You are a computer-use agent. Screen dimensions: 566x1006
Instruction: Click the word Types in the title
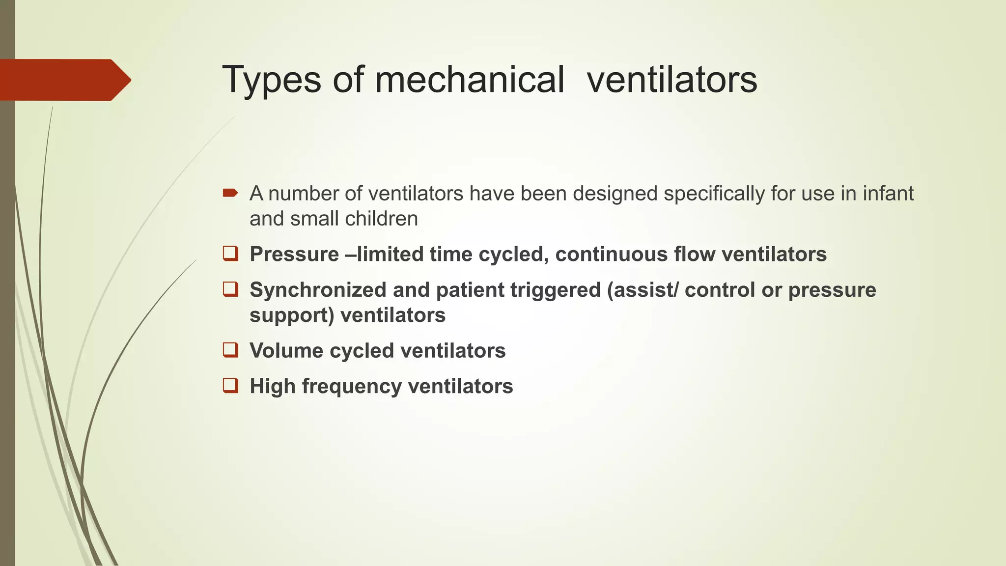tap(272, 80)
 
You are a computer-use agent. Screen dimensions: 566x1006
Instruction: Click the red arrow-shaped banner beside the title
tap(64, 80)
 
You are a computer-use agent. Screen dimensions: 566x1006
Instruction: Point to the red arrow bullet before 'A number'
tap(230, 193)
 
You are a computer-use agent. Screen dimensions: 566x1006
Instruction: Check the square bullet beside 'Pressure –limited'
tap(230, 254)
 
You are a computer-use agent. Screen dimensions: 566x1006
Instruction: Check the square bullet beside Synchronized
tap(230, 289)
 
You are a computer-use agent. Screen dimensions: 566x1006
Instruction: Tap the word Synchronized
tap(318, 290)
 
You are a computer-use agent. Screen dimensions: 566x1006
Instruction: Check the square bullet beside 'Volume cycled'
tap(230, 350)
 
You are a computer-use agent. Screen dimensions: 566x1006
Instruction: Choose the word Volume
tap(286, 351)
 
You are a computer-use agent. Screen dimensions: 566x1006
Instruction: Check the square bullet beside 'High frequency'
tap(230, 385)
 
